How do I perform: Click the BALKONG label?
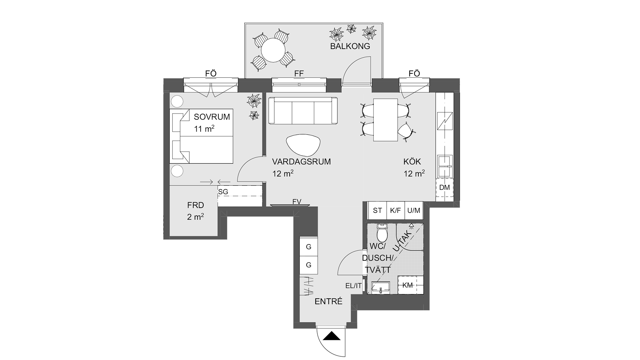click(350, 46)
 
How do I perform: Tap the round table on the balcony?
click(273, 50)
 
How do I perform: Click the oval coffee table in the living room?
click(303, 145)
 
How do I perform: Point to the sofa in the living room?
click(303, 111)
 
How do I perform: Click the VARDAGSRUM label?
click(301, 162)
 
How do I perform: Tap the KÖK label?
click(412, 162)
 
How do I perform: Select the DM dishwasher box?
click(445, 188)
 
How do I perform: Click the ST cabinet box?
click(377, 210)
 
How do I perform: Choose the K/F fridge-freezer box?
click(395, 210)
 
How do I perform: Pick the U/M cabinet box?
click(414, 210)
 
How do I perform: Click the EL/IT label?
click(353, 286)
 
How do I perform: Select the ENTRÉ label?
click(329, 302)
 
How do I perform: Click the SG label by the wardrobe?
click(223, 192)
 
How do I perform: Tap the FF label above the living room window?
click(299, 74)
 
